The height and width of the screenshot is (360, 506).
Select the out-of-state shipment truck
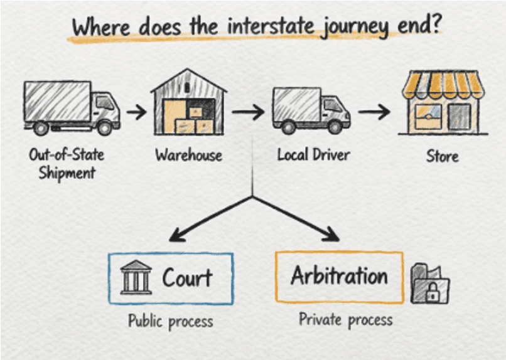pyautogui.click(x=71, y=107)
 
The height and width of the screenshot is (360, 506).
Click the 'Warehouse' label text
pyautogui.click(x=189, y=155)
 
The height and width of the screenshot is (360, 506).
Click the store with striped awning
pyautogui.click(x=443, y=103)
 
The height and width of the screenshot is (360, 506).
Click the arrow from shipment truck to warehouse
pyautogui.click(x=136, y=113)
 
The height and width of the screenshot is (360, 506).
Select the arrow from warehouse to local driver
pyautogui.click(x=248, y=113)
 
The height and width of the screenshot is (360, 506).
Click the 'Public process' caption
pyautogui.click(x=170, y=322)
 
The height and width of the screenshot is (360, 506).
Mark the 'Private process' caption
pyautogui.click(x=345, y=319)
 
